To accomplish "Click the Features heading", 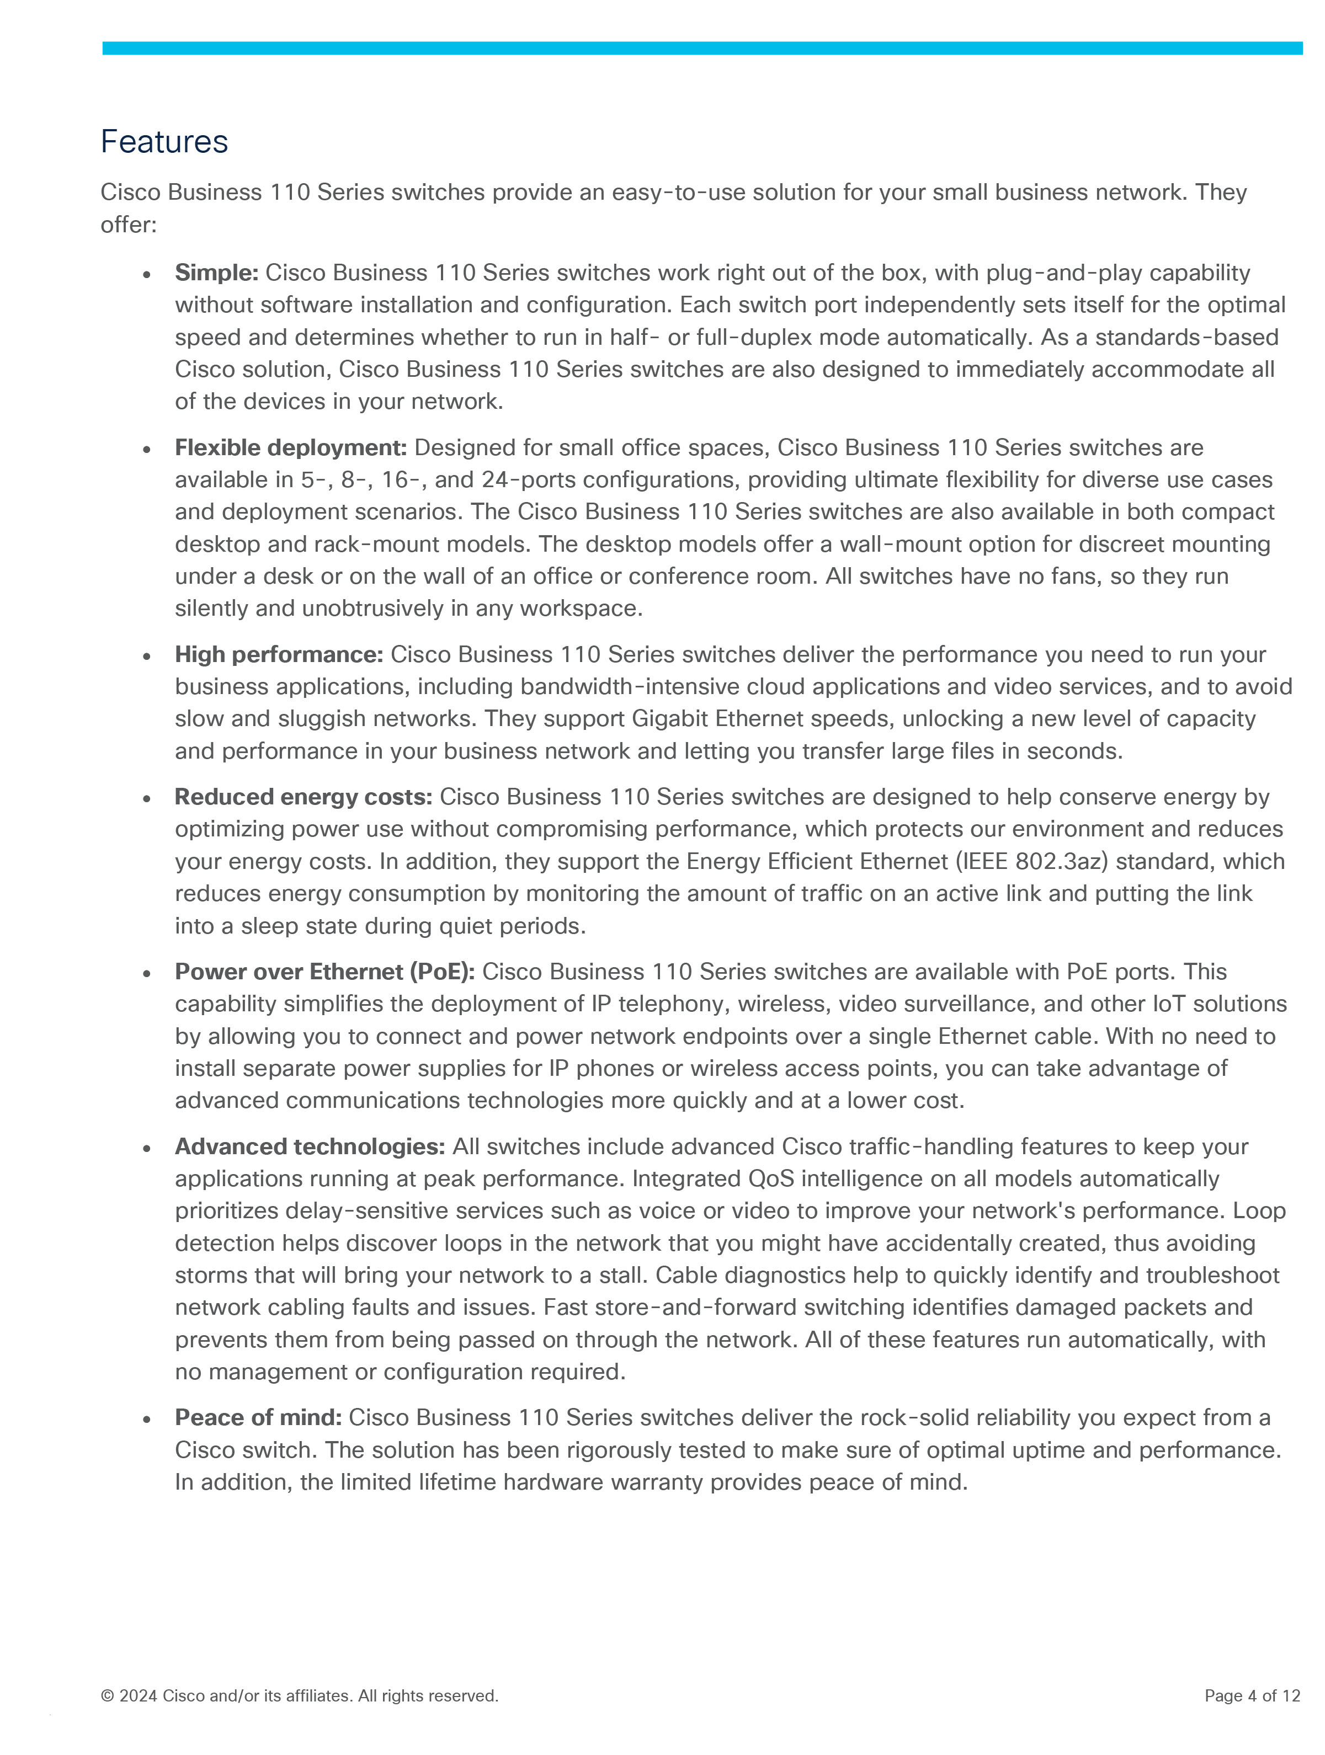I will coord(164,142).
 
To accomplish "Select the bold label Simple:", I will coord(216,273).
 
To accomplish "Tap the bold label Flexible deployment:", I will coord(290,449).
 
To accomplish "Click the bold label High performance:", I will coord(279,654).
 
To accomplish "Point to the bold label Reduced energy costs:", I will coord(303,797).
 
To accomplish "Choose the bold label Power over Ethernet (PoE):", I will coord(324,972).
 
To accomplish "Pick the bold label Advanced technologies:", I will coord(310,1147).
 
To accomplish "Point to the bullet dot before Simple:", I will coord(147,275).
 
